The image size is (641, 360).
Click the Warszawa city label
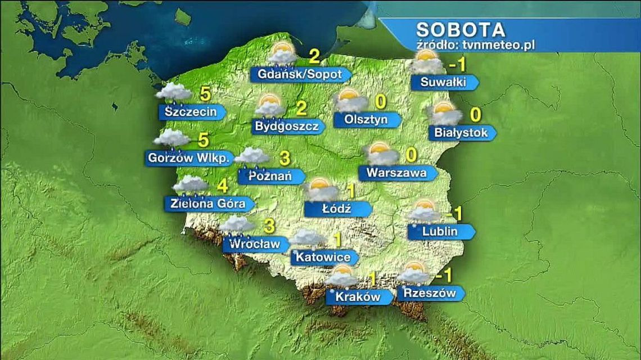pyautogui.click(x=396, y=173)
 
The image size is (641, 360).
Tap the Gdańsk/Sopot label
pyautogui.click(x=299, y=74)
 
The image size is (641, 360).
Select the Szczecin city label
pyautogui.click(x=191, y=112)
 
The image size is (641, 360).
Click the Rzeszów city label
pyautogui.click(x=427, y=292)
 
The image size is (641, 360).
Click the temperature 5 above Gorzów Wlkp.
pyautogui.click(x=204, y=138)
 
